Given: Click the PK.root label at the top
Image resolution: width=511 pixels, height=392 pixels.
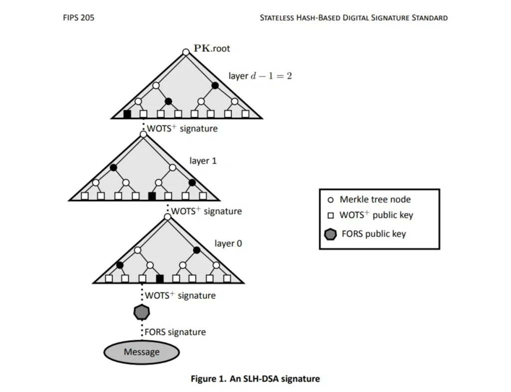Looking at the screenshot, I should point(212,49).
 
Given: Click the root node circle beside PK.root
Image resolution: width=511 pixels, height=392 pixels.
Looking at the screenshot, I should point(186,52).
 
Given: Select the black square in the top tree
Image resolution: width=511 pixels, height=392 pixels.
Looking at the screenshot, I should point(127,114).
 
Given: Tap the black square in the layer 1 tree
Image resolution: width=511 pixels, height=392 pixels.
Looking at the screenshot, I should point(152,196).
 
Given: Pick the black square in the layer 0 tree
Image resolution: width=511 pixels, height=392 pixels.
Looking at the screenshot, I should point(160,278).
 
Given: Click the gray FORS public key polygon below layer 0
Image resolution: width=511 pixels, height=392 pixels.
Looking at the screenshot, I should point(142,312).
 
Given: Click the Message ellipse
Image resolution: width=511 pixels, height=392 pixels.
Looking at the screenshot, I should point(142,352).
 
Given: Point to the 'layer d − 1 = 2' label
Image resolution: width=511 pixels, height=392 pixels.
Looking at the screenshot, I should point(260,76).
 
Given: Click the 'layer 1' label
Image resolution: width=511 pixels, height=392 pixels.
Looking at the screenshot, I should point(203,161).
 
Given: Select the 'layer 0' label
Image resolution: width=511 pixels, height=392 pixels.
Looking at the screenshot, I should point(228,243).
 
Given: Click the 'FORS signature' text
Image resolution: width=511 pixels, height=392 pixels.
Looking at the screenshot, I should point(175,332).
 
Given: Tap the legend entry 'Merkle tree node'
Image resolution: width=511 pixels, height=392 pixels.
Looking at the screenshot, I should point(375,199).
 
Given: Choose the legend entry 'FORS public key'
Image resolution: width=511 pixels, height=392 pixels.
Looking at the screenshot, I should point(373,234).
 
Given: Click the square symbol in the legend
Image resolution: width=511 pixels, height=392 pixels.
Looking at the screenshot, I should point(330,216).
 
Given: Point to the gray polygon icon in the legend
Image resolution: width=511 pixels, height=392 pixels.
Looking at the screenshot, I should point(330,234).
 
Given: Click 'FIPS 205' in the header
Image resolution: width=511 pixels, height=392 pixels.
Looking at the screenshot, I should point(78,17).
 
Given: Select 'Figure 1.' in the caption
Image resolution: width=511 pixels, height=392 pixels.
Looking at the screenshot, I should point(209,379).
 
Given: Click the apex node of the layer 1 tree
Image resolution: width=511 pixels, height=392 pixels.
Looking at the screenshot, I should point(143,134).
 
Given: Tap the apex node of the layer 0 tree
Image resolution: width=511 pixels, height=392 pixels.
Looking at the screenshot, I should point(168,216).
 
